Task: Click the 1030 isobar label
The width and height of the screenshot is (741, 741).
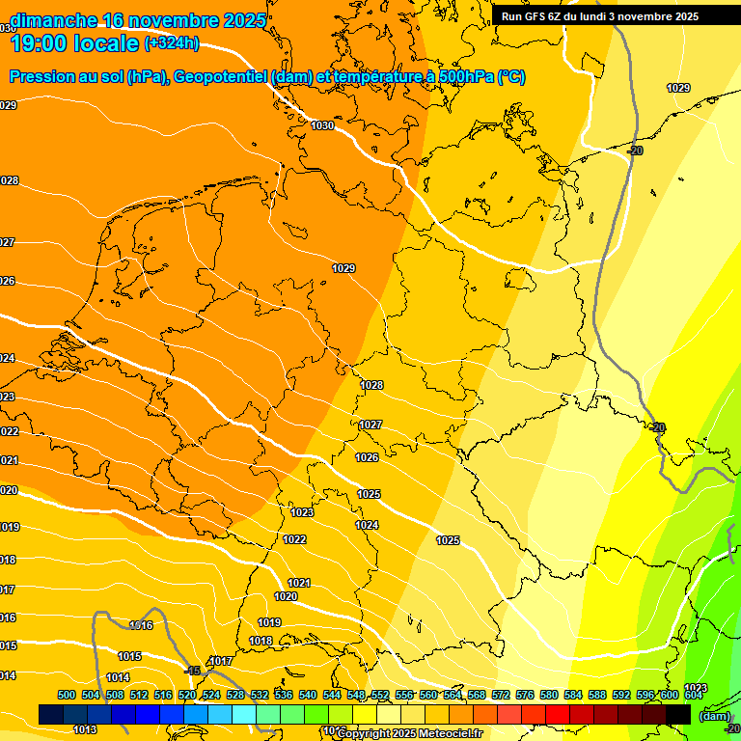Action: (x=322, y=126)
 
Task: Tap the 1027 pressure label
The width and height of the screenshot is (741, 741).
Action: (x=370, y=425)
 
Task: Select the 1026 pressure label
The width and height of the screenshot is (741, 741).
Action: (x=367, y=457)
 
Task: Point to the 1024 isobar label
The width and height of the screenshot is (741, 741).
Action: (x=367, y=525)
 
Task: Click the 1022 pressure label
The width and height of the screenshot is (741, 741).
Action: (x=294, y=539)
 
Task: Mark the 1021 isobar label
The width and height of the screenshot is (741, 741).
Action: (x=299, y=583)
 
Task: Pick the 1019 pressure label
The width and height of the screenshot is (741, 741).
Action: (x=269, y=622)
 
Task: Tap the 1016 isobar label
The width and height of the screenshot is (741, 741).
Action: (x=141, y=625)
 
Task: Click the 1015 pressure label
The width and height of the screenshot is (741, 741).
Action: (x=130, y=656)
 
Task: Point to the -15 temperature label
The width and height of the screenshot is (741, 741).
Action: (x=192, y=670)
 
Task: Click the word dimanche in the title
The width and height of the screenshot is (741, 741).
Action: (x=52, y=20)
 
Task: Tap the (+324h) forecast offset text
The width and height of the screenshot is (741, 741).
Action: (x=172, y=43)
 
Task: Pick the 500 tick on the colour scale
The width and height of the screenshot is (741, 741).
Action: (x=67, y=695)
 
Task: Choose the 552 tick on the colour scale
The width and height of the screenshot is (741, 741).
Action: (x=380, y=695)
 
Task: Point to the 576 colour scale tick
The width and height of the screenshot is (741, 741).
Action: (x=525, y=695)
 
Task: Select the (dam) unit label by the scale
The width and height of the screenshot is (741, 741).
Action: (x=714, y=715)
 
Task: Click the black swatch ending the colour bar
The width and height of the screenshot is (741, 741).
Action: (x=678, y=714)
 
